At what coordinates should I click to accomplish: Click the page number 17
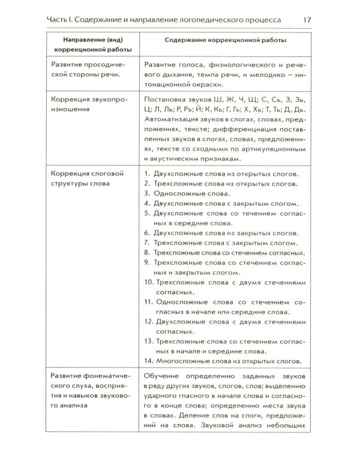[306, 20]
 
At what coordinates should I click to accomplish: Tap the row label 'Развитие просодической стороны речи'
[92, 70]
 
